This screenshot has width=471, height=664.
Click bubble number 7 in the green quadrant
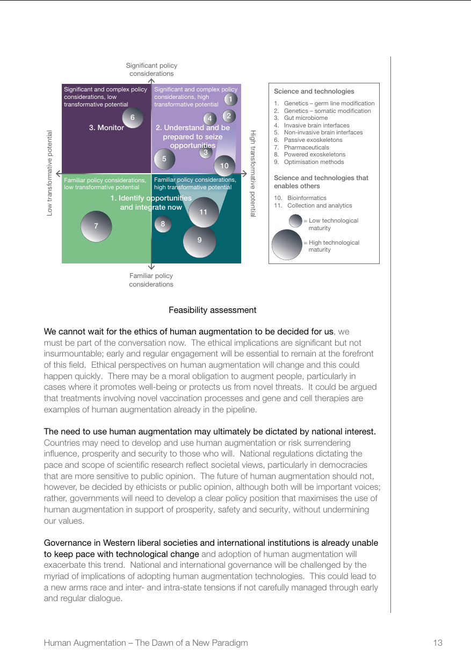coord(96,226)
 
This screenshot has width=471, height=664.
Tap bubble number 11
coord(204,212)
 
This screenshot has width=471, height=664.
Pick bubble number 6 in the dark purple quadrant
coord(133,118)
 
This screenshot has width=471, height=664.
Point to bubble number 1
coord(230,99)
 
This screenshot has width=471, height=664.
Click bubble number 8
coord(163,224)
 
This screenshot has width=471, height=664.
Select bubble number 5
coord(164,159)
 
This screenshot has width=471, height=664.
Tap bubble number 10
coord(224,166)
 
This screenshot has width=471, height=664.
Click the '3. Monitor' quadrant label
coord(106,128)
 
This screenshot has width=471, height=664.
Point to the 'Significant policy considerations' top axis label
coord(151,69)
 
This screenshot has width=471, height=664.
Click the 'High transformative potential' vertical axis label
coord(253,174)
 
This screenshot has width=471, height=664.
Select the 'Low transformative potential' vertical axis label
coord(50,173)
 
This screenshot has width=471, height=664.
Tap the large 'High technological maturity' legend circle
coord(287,245)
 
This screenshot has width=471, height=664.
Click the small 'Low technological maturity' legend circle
coord(295,221)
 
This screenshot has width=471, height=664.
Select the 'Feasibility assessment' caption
coord(212,310)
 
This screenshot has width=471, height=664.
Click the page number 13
coord(437,642)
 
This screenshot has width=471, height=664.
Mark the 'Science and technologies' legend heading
coord(314,91)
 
